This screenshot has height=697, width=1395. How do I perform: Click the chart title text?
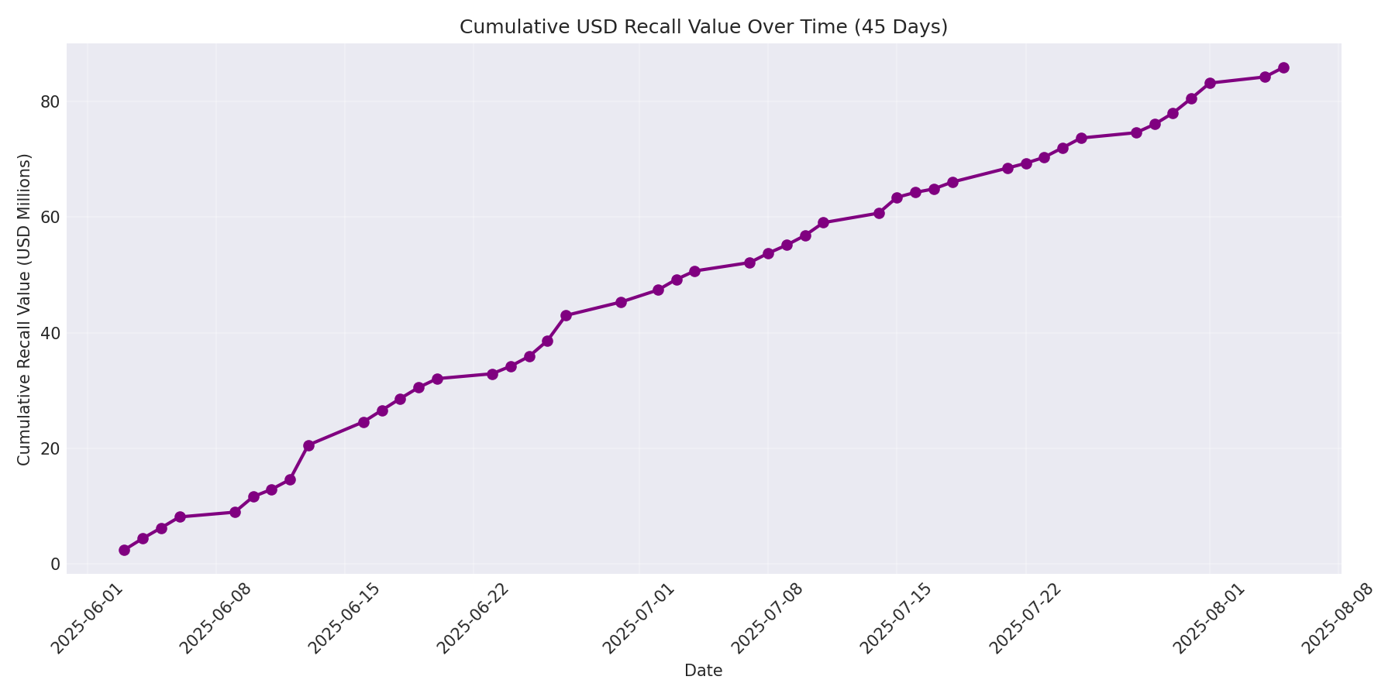point(703,27)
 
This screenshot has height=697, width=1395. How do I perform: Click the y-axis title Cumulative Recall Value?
point(24,310)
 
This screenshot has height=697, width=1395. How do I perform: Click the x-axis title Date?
point(703,671)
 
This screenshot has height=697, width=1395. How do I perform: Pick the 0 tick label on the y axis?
point(55,564)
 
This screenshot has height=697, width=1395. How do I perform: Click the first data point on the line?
point(124,550)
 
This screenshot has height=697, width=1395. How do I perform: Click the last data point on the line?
point(1283,67)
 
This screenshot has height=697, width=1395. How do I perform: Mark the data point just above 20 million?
point(308,445)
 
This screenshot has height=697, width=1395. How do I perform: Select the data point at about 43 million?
point(566,315)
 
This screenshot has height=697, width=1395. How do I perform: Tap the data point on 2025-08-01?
point(1210,83)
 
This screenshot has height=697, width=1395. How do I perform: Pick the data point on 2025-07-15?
point(897,197)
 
